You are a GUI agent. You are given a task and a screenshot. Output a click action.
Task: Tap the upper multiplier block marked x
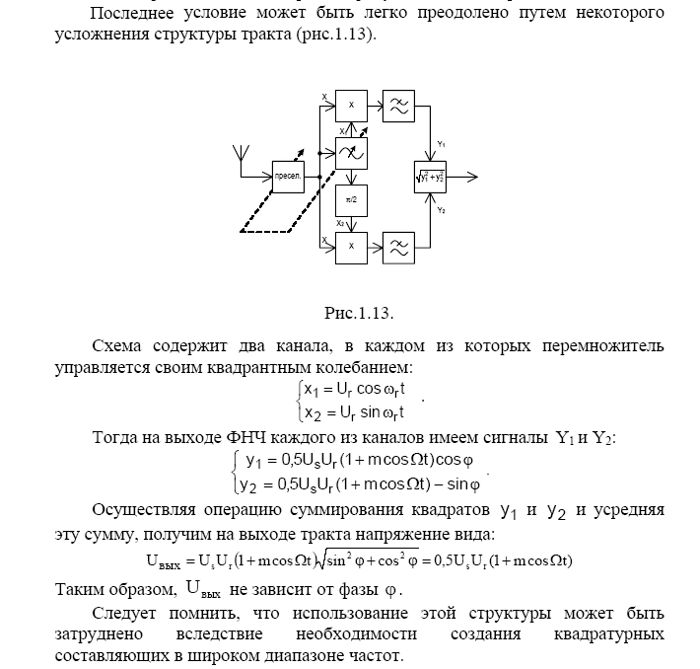pyautogui.click(x=351, y=106)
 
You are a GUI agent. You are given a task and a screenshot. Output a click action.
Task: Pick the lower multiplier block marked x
pyautogui.click(x=351, y=247)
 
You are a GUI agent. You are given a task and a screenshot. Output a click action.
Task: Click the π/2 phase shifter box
pyautogui.click(x=351, y=199)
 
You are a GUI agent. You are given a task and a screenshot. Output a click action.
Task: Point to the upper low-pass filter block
pyautogui.click(x=399, y=106)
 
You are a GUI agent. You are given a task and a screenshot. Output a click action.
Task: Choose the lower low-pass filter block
pyautogui.click(x=399, y=247)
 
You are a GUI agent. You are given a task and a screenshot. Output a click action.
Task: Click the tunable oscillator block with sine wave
pyautogui.click(x=351, y=153)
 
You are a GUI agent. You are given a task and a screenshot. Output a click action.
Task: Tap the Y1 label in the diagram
pyautogui.click(x=441, y=144)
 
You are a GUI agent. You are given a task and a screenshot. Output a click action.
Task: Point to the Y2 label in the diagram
pyautogui.click(x=441, y=211)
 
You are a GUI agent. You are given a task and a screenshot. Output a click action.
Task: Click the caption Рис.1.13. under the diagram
pyautogui.click(x=359, y=313)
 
